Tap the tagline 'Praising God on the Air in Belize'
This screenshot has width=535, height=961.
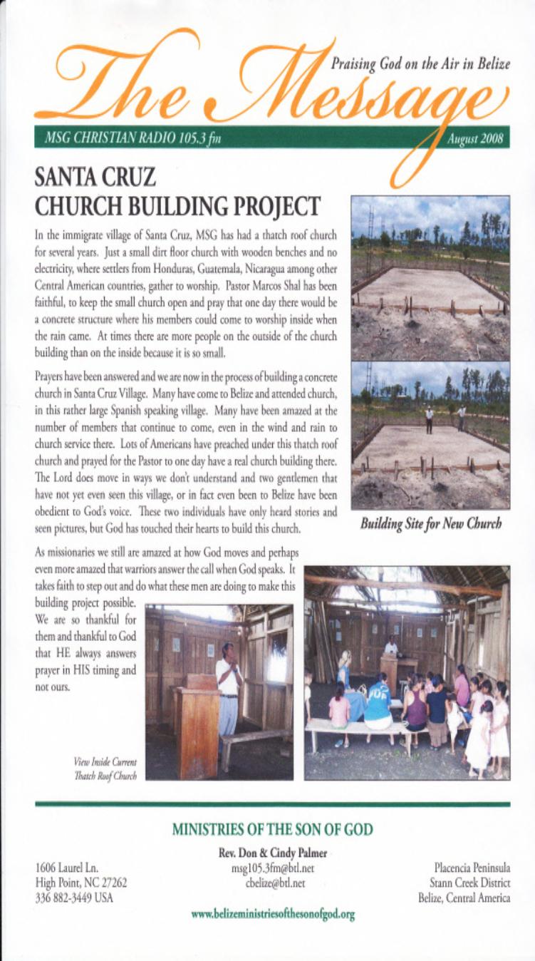pos(420,64)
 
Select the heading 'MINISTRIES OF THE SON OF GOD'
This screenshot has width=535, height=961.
pos(272,829)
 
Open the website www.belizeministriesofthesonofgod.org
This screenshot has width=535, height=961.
pos(274,914)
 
